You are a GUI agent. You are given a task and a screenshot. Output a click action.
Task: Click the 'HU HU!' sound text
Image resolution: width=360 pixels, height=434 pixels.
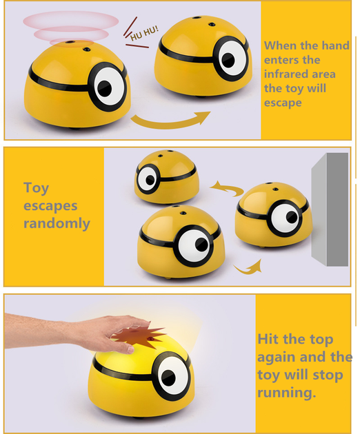tap(144, 33)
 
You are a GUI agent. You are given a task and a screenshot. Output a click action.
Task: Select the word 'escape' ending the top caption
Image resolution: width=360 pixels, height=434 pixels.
tap(283, 103)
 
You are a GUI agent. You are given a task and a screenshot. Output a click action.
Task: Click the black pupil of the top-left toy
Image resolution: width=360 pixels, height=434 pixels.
tap(105, 89)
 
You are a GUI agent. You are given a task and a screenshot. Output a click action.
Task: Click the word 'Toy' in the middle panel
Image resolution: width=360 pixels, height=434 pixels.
tap(36, 188)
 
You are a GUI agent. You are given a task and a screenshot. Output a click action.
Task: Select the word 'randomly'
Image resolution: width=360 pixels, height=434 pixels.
tap(57, 223)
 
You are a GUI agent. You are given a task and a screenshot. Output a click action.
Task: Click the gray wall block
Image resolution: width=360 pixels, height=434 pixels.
tap(330, 209)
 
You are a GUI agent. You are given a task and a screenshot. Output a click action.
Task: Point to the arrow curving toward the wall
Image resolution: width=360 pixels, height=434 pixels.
tap(249, 267)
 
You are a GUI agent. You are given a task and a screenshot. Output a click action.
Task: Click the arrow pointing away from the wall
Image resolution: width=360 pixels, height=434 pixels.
tap(227, 188)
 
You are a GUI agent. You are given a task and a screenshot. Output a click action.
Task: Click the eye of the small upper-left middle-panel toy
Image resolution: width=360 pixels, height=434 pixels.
tap(148, 179)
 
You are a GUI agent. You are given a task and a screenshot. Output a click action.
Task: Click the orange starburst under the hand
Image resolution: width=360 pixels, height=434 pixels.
tap(139, 337)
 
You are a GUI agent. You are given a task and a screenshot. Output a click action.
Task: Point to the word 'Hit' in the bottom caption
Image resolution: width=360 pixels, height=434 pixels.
tap(270, 339)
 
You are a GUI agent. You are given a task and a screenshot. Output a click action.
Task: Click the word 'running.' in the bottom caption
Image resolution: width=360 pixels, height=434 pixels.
tap(287, 393)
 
